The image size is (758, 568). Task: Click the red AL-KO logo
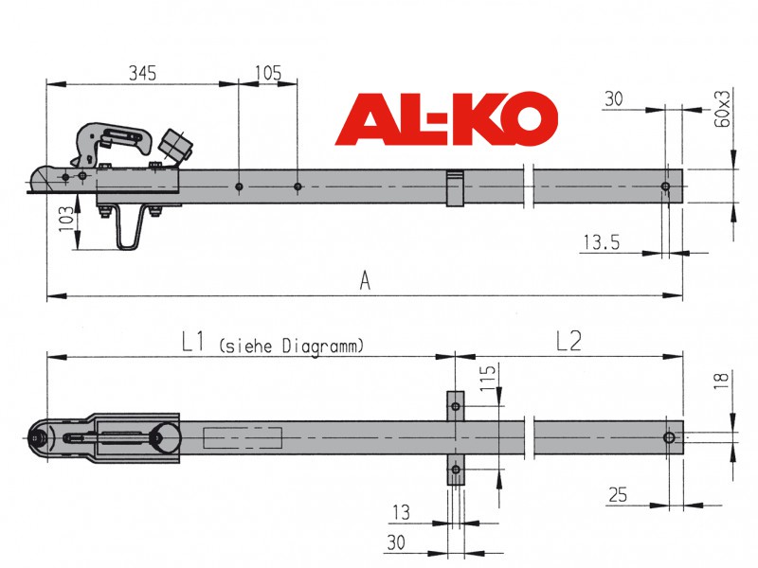[446, 118]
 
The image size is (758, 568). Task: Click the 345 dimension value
[143, 74]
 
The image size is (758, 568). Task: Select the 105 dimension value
[268, 74]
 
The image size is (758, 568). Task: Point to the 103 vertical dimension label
[66, 220]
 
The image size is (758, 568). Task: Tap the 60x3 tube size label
[722, 109]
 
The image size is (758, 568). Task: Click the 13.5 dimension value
[602, 242]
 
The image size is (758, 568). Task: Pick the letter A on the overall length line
[365, 280]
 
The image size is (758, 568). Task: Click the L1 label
[193, 342]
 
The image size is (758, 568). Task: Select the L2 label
[568, 342]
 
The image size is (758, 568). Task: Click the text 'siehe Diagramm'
[292, 346]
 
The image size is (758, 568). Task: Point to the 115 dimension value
[488, 378]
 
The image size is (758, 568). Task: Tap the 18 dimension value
[721, 378]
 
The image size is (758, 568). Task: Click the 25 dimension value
[618, 495]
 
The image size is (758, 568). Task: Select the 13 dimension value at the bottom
[401, 512]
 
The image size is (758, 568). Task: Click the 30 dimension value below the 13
[396, 542]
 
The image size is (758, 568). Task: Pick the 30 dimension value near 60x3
[613, 99]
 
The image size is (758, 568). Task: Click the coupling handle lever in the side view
[112, 140]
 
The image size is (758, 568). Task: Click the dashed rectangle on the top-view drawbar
[243, 437]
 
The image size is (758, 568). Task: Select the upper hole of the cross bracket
[456, 406]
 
